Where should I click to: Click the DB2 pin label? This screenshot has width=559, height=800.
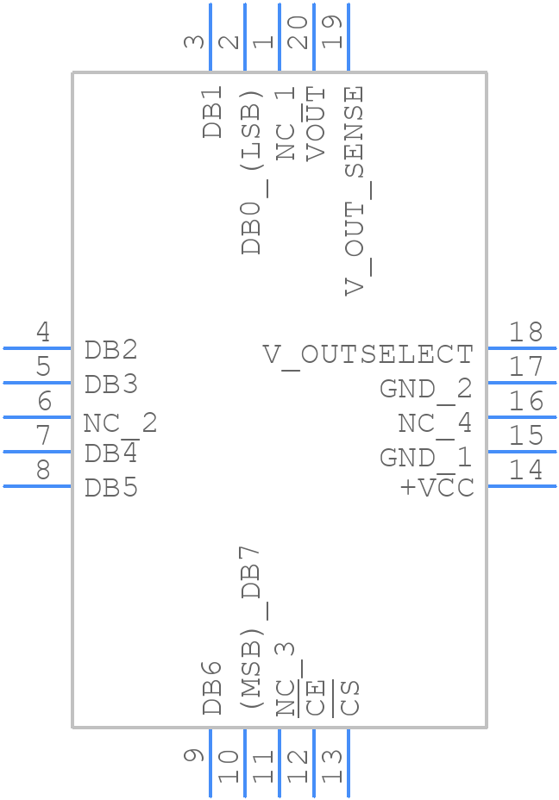click(111, 350)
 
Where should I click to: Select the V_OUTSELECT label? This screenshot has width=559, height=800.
click(367, 354)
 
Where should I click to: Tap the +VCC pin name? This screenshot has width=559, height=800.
click(437, 488)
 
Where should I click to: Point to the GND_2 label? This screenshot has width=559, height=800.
click(425, 389)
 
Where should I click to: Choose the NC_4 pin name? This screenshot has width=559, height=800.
click(435, 423)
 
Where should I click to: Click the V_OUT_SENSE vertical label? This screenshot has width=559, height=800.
click(354, 191)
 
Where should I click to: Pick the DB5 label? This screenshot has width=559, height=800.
click(111, 488)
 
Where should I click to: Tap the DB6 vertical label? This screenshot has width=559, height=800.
click(212, 687)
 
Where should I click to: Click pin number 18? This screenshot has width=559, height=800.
click(525, 332)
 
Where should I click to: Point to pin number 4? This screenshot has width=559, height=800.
click(42, 332)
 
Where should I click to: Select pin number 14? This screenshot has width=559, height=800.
click(525, 470)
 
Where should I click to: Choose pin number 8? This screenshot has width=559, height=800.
click(42, 470)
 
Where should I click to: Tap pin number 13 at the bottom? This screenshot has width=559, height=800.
click(332, 765)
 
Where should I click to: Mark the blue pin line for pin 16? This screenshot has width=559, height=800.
click(522, 417)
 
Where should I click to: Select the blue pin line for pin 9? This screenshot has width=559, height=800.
click(210, 763)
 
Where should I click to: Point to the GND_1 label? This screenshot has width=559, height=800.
click(425, 457)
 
